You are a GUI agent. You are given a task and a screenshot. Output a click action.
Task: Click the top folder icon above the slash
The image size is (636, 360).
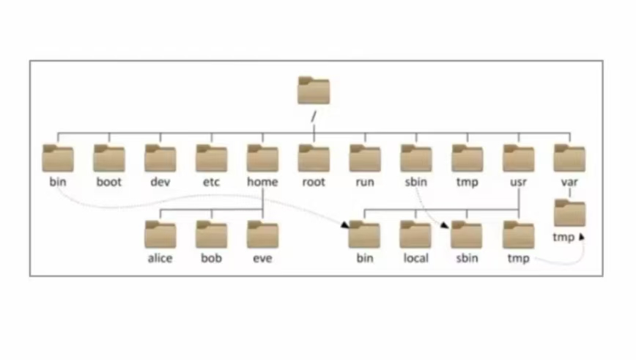[x=314, y=90]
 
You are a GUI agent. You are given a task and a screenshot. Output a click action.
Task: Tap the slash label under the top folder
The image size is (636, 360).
[x=314, y=116]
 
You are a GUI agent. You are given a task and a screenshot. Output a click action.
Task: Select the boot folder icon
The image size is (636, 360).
[x=109, y=158]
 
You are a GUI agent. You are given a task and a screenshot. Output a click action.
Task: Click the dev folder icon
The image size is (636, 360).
[x=160, y=158]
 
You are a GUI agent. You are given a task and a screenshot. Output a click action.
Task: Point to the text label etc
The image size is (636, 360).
[x=211, y=182]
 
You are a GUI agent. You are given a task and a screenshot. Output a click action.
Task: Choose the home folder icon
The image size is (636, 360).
[x=262, y=158]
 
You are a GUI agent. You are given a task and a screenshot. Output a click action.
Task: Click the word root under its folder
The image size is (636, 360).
[x=314, y=182]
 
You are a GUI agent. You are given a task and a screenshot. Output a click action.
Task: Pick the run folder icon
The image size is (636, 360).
[x=365, y=158]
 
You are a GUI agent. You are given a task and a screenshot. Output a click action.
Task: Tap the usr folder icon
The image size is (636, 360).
[x=518, y=158]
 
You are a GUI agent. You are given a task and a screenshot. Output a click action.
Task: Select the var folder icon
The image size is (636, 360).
[x=569, y=158]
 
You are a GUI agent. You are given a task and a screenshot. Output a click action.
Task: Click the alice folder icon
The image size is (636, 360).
[x=160, y=235]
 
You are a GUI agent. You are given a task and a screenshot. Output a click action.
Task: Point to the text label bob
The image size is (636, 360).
[x=211, y=259]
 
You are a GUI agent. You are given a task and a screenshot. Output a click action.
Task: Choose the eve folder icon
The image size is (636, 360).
[x=262, y=235]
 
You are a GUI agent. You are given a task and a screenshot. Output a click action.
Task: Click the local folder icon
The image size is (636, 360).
[x=415, y=235]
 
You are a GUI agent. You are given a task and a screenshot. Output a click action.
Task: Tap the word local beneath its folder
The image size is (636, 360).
[x=415, y=259]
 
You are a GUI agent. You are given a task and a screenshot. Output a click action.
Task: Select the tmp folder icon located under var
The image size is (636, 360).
[x=569, y=213]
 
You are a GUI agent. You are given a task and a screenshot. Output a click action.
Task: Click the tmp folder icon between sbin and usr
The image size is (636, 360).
[x=467, y=158]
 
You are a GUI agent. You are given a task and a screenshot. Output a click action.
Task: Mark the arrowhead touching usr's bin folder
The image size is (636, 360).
[x=344, y=224]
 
